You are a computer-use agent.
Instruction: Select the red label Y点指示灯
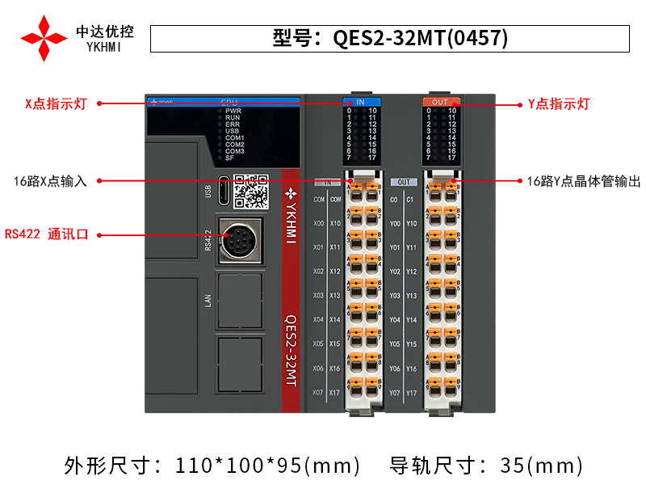click(559, 103)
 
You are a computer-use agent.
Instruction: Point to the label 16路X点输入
click(51, 182)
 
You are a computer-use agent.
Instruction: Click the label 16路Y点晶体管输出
click(579, 182)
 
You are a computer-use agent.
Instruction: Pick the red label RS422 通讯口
click(46, 235)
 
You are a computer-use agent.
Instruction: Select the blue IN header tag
click(361, 102)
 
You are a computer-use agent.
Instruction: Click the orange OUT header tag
click(440, 102)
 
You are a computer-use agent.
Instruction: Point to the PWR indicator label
click(233, 111)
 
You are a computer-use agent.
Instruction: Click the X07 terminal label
click(318, 393)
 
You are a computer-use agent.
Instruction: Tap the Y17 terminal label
click(412, 393)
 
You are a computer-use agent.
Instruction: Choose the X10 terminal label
click(335, 223)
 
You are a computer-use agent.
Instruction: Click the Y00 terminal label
click(395, 223)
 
